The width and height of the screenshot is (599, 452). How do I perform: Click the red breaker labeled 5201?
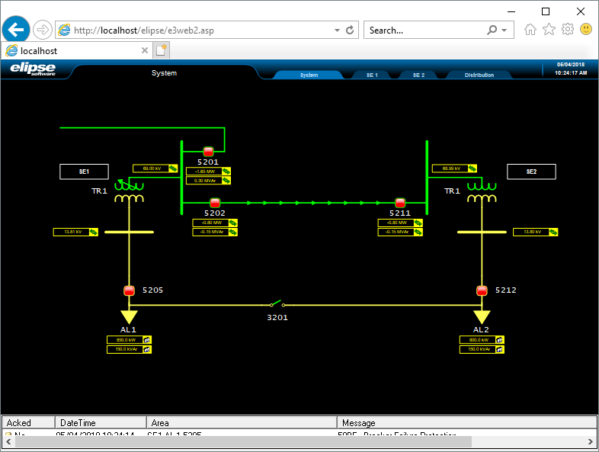tap(208, 151)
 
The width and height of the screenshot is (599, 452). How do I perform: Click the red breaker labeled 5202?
tap(215, 203)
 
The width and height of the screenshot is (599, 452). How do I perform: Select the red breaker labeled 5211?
tap(400, 203)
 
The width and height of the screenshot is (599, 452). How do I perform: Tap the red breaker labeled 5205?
tap(129, 290)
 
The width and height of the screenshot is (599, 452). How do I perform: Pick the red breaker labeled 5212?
tap(482, 290)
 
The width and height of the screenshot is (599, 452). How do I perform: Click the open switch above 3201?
tap(277, 304)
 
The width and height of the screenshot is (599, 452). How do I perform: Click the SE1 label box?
tap(84, 172)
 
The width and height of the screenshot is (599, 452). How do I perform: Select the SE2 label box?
tap(531, 172)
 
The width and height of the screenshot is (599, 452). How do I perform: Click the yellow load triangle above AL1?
tap(129, 316)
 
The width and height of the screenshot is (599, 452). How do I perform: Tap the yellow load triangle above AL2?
tap(482, 316)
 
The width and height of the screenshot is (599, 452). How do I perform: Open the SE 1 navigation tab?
tap(372, 75)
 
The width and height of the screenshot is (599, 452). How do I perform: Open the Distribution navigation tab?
tap(479, 75)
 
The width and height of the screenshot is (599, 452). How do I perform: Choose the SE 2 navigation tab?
tap(418, 75)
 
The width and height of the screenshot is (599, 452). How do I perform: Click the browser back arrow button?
tap(16, 30)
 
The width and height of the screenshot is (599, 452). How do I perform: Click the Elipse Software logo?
tap(33, 69)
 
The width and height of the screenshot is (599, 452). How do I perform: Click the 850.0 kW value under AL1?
tap(125, 340)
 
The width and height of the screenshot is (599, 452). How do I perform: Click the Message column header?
tap(358, 422)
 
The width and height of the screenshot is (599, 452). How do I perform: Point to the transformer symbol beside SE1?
tap(129, 192)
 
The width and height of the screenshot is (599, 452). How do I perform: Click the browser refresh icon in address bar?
tap(350, 30)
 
